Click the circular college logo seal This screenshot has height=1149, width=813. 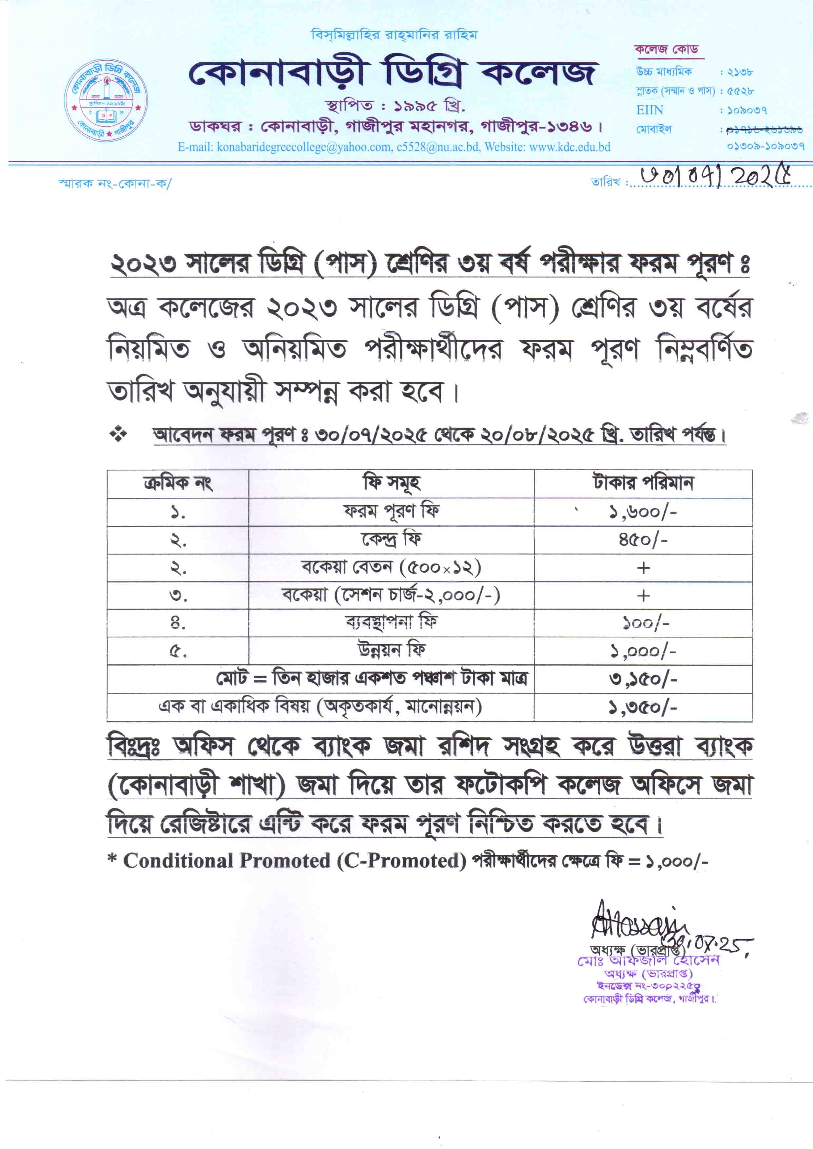106,102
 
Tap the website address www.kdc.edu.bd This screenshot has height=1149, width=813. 570,147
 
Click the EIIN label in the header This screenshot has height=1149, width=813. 650,110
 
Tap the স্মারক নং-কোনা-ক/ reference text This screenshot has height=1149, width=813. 115,183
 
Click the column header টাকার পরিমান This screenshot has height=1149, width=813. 643,484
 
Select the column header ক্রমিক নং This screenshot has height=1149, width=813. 178,484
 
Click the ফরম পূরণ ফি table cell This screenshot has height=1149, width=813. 391,512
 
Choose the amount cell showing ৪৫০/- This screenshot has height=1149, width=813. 643,540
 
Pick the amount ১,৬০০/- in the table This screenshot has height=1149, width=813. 643,512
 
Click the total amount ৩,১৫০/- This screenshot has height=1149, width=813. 643,679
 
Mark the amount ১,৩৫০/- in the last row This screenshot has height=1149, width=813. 643,707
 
